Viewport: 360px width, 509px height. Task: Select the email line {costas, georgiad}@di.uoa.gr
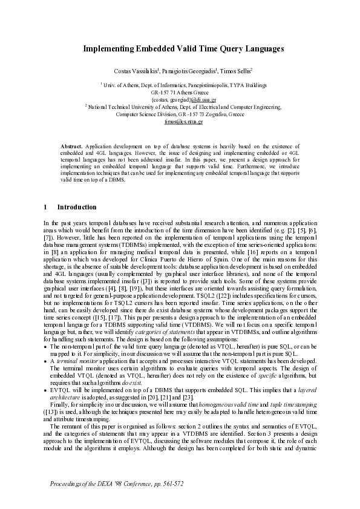click(180, 99)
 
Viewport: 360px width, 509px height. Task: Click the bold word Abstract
click(73, 146)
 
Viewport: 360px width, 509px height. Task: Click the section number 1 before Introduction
click(45, 206)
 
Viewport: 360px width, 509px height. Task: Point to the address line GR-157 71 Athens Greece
click(180, 93)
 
